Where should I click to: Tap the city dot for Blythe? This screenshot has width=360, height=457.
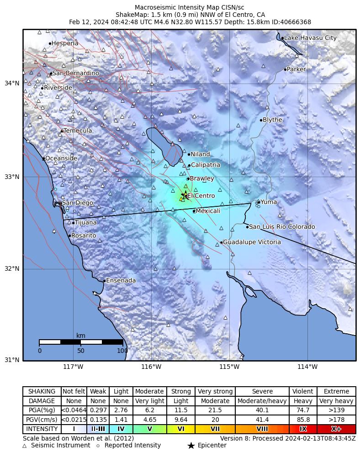pyautogui.click(x=261, y=120)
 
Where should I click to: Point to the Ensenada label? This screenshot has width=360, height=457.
pyautogui.click(x=121, y=280)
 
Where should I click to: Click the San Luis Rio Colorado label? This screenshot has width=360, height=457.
pyautogui.click(x=282, y=227)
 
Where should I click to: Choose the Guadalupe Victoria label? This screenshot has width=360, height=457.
pyautogui.click(x=252, y=242)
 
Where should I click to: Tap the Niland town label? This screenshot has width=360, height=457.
pyautogui.click(x=200, y=154)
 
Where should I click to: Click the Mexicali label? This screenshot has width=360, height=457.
pyautogui.click(x=208, y=211)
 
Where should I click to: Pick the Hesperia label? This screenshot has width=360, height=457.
pyautogui.click(x=65, y=43)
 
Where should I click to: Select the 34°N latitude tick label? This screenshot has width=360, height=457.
pyautogui.click(x=12, y=83)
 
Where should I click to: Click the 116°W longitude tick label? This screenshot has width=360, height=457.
pyautogui.click(x=151, y=367)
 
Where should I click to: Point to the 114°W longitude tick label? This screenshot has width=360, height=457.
pyautogui.click(x=307, y=367)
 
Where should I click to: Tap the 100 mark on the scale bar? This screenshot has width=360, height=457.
pyautogui.click(x=122, y=351)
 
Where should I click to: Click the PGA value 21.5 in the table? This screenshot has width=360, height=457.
pyautogui.click(x=215, y=410)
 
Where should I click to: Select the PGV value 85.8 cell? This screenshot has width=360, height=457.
pyautogui.click(x=303, y=420)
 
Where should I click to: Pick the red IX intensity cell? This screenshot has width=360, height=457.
pyautogui.click(x=303, y=429)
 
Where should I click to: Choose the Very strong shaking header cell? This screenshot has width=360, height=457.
pyautogui.click(x=215, y=392)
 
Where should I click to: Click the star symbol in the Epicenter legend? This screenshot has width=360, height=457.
pyautogui.click(x=191, y=446)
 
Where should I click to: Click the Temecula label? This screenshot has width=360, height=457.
pyautogui.click(x=78, y=131)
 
